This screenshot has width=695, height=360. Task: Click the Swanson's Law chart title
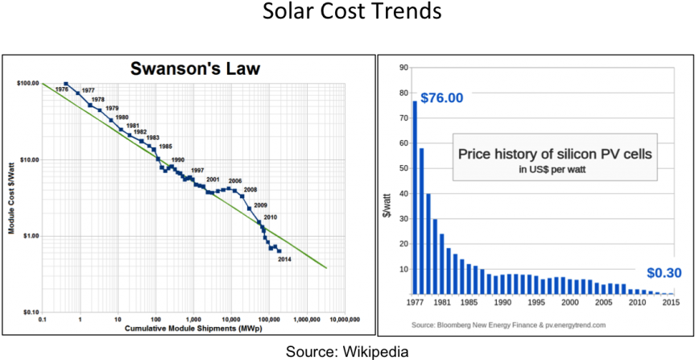196,68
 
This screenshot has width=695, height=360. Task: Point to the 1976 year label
61,89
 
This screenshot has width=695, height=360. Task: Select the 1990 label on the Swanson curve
178,159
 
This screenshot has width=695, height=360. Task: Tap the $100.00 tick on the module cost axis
28,83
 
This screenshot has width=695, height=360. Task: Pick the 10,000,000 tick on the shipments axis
344,320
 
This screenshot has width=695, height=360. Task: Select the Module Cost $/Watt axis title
12,197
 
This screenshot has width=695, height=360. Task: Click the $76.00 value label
442,97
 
